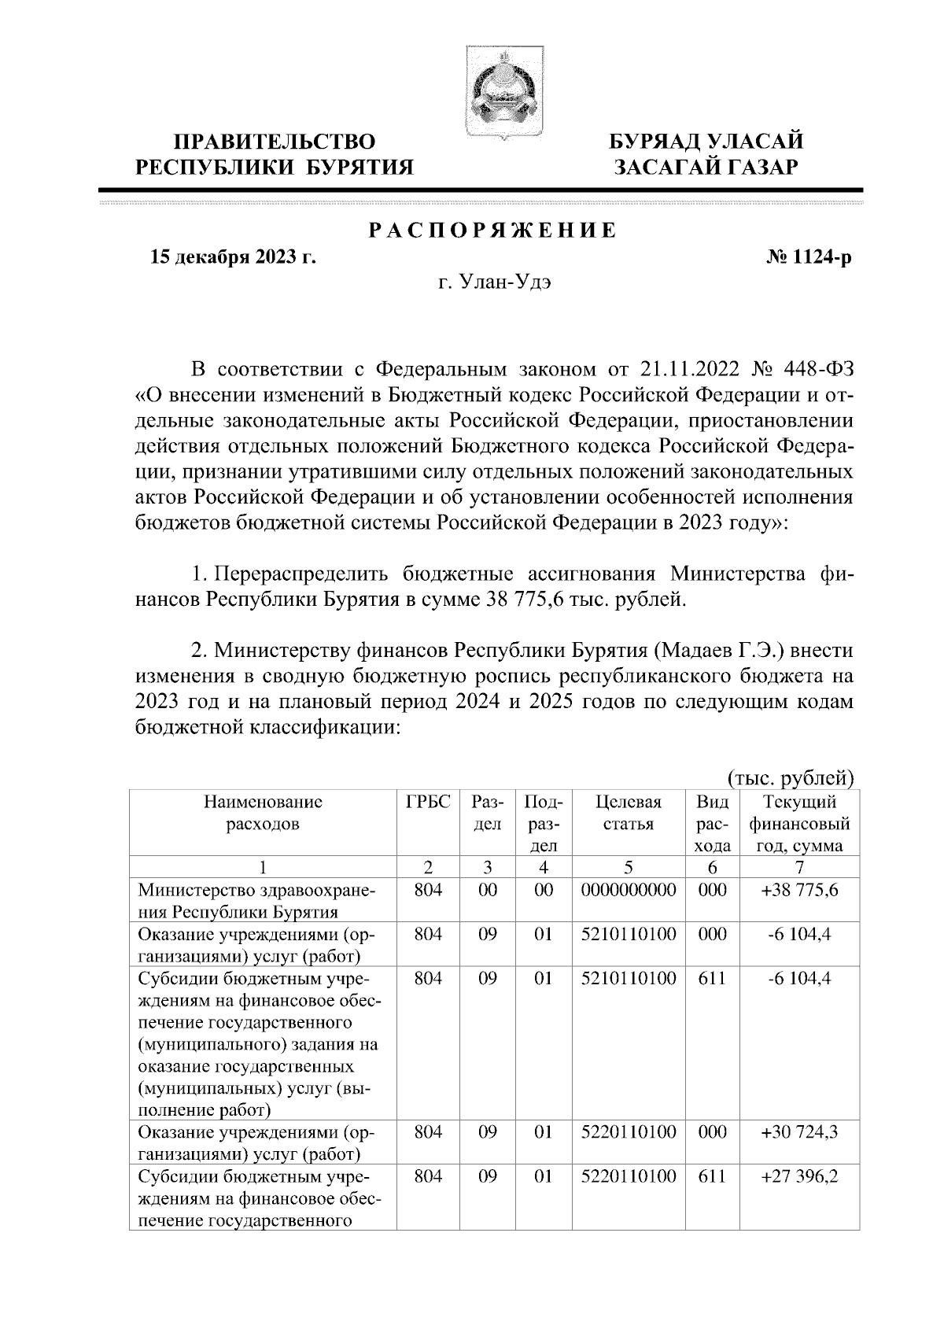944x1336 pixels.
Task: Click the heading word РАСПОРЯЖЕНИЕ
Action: point(493,231)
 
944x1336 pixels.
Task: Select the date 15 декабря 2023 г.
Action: point(233,257)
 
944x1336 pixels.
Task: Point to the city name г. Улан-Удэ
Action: point(493,283)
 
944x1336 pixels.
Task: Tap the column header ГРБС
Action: point(428,803)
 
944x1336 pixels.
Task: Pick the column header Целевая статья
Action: point(629,814)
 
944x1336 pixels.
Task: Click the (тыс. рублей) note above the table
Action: point(791,778)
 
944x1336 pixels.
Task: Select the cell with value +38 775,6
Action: point(799,891)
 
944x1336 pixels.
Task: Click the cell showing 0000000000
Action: point(629,891)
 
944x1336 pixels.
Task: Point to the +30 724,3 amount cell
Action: point(799,1133)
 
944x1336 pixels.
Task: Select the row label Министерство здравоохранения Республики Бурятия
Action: point(257,902)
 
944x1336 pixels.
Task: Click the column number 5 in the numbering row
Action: point(629,868)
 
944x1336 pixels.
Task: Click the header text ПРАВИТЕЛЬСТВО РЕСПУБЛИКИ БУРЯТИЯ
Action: point(275,154)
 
